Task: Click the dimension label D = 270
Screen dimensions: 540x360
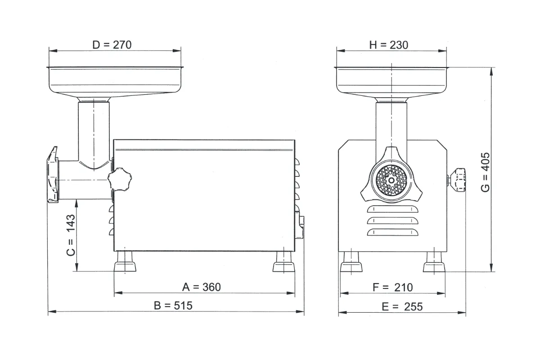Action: (x=112, y=45)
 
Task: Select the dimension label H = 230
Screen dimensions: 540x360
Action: (x=389, y=45)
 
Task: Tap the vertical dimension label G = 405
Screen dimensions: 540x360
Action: (x=485, y=172)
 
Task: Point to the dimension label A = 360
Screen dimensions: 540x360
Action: (x=201, y=287)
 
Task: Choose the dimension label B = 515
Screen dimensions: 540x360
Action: (x=173, y=306)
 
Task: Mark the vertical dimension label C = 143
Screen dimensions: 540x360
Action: (x=71, y=235)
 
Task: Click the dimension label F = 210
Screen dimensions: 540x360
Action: (x=393, y=288)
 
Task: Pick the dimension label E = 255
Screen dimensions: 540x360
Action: (x=402, y=307)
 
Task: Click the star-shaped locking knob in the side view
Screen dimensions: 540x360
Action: (x=120, y=179)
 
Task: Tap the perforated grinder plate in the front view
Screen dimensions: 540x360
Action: (x=391, y=180)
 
